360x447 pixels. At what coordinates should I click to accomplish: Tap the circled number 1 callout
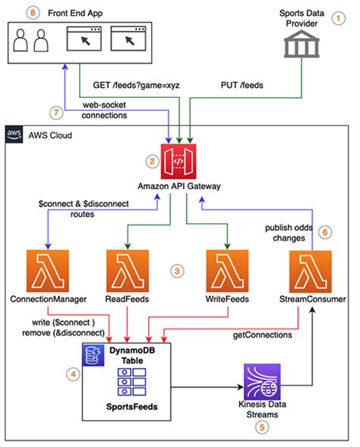(x=339, y=22)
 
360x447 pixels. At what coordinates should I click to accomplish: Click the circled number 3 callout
(x=177, y=270)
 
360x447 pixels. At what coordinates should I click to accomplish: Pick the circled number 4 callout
(x=73, y=373)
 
